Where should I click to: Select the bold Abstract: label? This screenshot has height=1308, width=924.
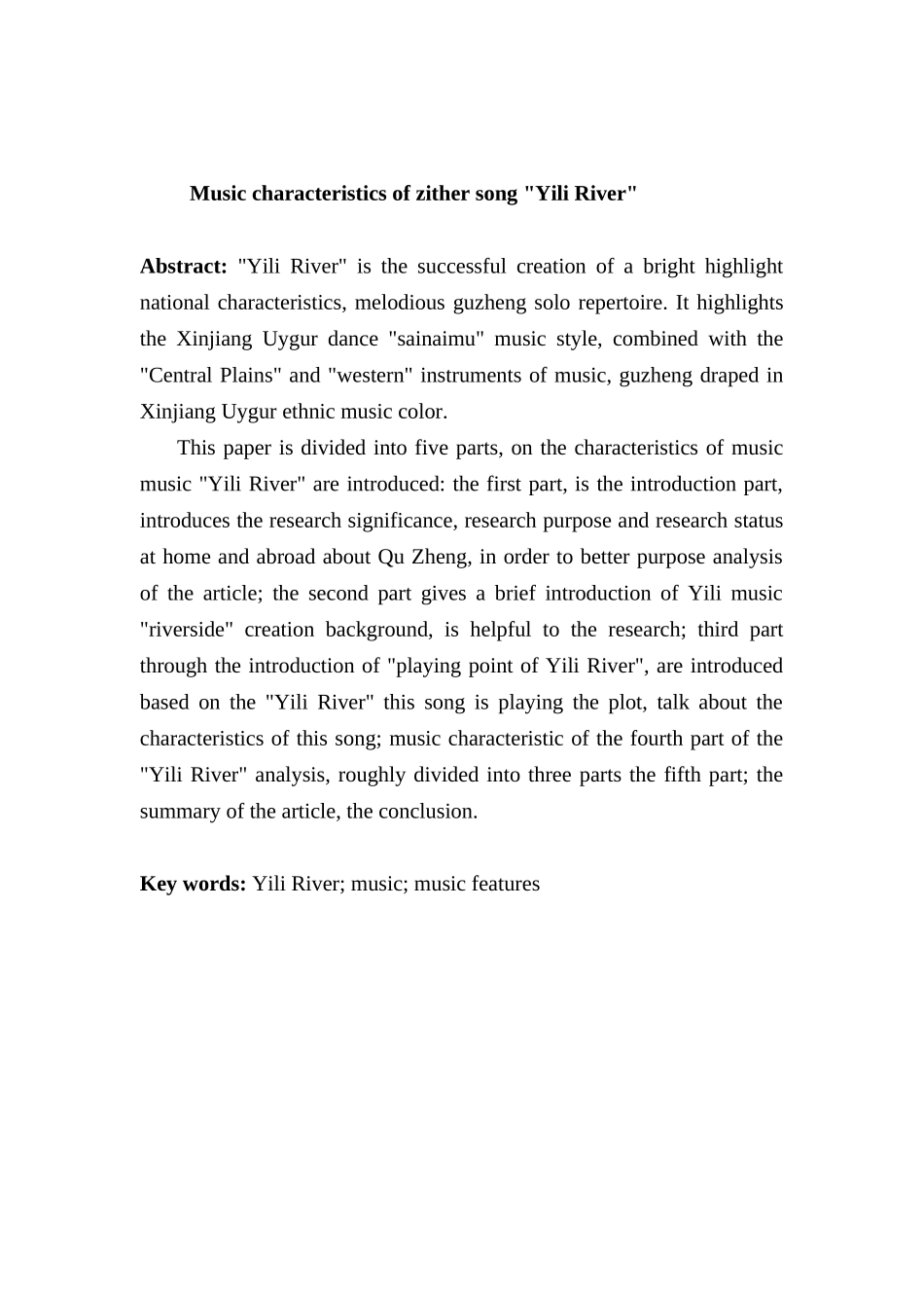184,267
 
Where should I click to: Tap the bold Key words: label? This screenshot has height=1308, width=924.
193,884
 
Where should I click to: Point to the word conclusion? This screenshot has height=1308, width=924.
429,812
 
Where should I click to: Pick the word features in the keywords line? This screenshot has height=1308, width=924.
505,884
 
